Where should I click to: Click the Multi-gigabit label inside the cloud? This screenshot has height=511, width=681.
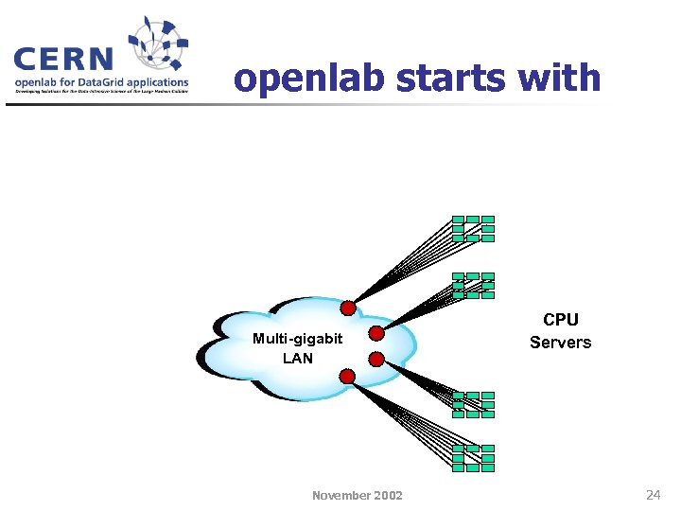click(x=297, y=339)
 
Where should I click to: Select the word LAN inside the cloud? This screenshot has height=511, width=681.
click(x=297, y=359)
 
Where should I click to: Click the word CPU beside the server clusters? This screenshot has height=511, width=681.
click(x=560, y=320)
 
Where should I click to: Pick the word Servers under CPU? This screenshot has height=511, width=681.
click(x=560, y=343)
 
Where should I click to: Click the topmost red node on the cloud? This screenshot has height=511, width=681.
click(x=348, y=308)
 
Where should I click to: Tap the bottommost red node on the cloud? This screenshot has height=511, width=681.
click(x=347, y=377)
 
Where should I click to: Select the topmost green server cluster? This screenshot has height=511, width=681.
click(x=473, y=228)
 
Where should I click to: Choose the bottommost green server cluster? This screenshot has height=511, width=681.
click(x=473, y=458)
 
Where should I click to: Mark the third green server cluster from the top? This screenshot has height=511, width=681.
click(x=473, y=404)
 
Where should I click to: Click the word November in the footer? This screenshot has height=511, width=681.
click(x=342, y=495)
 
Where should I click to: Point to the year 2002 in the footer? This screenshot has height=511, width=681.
click(x=388, y=495)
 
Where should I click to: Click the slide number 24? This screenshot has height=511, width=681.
click(x=653, y=494)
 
